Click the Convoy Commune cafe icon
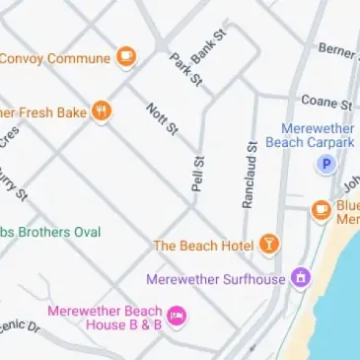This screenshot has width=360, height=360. click(x=125, y=57)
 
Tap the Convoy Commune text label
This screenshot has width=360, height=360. click(x=53, y=58)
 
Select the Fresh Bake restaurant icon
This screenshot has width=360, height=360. click(x=101, y=111)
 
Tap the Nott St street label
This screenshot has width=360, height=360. click(x=162, y=118)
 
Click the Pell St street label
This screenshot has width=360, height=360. click(x=198, y=173)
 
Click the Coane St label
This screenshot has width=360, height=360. click(x=326, y=102)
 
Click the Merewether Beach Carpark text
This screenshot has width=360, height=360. click(x=317, y=135)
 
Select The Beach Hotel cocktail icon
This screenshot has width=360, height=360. click(x=268, y=244)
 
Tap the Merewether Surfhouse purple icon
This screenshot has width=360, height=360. click(x=300, y=279)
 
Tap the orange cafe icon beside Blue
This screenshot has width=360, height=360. click(x=321, y=209)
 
